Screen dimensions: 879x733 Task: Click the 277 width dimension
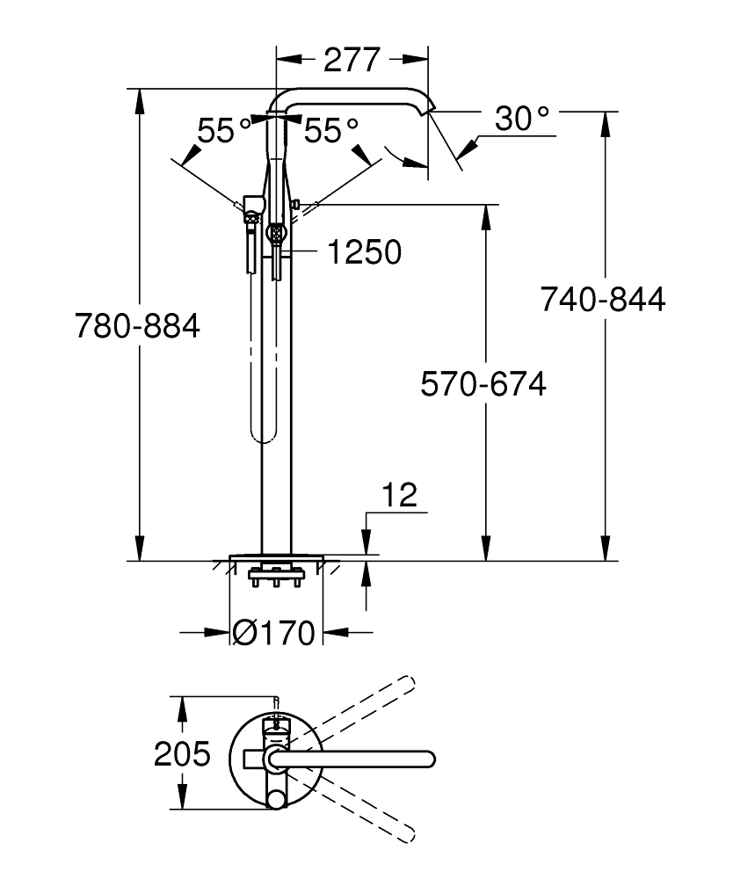(352, 60)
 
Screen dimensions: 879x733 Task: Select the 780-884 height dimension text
(137, 326)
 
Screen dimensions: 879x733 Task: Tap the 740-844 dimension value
(603, 300)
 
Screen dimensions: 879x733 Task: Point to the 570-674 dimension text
(483, 384)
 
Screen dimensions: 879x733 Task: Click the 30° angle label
(522, 119)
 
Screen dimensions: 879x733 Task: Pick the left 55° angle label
(225, 132)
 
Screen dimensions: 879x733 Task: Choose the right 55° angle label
(331, 132)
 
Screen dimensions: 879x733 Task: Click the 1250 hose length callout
(364, 252)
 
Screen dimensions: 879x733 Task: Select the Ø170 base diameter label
(274, 632)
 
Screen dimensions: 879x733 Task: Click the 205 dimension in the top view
(183, 754)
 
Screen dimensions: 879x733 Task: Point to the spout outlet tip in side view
(430, 108)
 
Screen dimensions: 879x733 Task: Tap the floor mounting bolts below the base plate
(277, 578)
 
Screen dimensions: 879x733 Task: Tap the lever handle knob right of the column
(297, 205)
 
